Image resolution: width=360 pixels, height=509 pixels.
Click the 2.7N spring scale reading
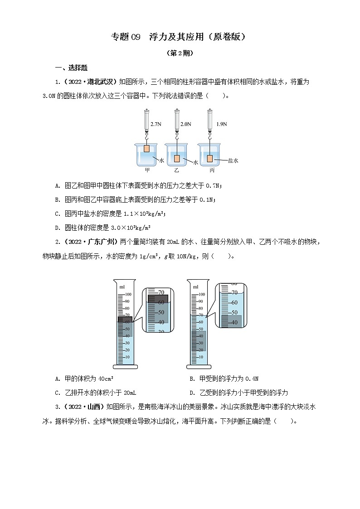tap(156, 123)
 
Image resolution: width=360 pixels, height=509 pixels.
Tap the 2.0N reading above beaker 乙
tap(186, 123)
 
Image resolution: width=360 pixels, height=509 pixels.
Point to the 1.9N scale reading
tap(222, 123)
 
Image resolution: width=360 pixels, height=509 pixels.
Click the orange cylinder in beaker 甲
tap(146, 149)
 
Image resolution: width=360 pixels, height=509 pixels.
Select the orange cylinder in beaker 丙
tap(210, 158)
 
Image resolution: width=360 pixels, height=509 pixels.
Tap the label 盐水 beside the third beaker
tap(233, 160)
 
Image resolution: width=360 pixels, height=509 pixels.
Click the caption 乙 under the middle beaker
tap(176, 170)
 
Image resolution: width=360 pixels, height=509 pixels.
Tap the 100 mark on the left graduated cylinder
tap(127, 294)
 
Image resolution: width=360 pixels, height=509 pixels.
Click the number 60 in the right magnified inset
tap(234, 302)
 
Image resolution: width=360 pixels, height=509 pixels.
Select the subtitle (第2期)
tap(180, 53)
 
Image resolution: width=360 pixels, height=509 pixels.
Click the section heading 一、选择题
tap(68, 68)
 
